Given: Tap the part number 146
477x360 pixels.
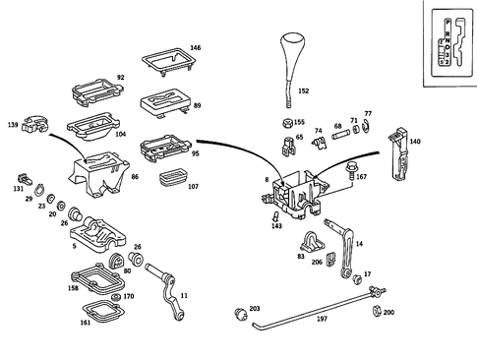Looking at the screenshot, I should click(196, 47).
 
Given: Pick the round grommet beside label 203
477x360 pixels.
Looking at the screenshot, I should click(237, 314).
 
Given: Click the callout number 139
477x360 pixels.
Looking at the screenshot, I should click(13, 126).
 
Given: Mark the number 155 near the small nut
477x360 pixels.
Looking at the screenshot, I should click(299, 123).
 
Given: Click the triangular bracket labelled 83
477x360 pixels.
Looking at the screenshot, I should click(314, 243).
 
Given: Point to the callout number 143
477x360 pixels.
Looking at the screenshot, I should click(276, 226).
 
